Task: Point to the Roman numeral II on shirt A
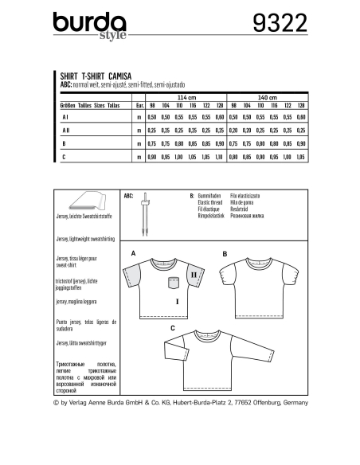click(194, 275)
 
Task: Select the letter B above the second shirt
click(225, 253)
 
